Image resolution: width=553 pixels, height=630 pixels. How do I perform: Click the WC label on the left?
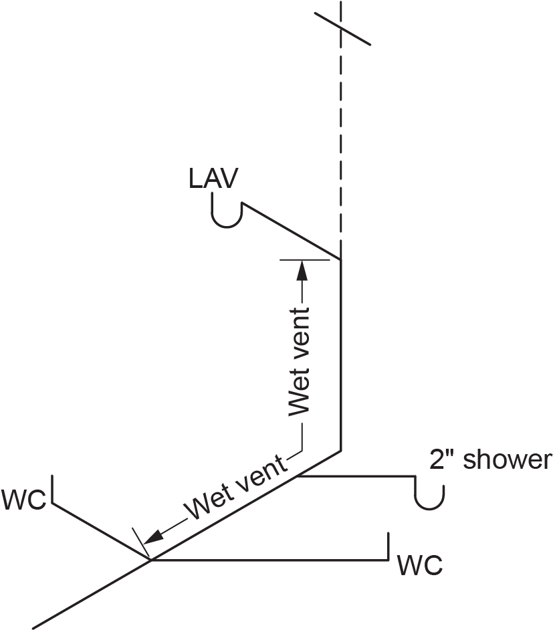pyautogui.click(x=23, y=500)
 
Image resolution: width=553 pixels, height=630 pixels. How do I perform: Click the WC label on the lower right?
pyautogui.click(x=420, y=566)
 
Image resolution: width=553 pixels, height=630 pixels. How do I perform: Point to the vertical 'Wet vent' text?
pyautogui.click(x=299, y=362)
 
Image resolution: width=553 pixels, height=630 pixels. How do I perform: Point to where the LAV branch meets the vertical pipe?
pyautogui.click(x=342, y=259)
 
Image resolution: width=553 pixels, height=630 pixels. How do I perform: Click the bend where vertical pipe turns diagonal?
pyautogui.click(x=342, y=450)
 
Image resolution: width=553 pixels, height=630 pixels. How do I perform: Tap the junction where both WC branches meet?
pyautogui.click(x=149, y=558)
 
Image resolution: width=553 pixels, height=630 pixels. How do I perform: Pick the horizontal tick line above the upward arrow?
pyautogui.click(x=305, y=259)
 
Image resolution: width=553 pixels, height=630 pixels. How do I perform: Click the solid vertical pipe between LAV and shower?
pyautogui.click(x=342, y=354)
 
